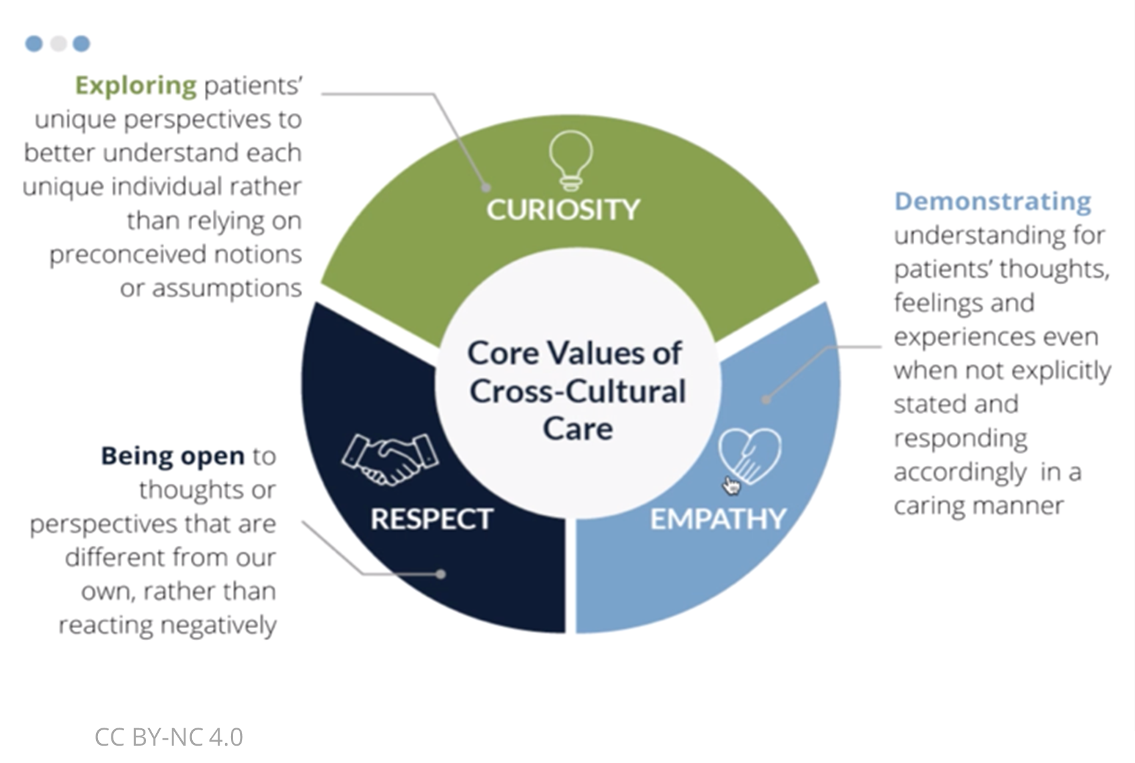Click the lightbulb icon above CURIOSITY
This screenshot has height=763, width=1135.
pyautogui.click(x=571, y=160)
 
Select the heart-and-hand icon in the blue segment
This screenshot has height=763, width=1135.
pyautogui.click(x=749, y=456)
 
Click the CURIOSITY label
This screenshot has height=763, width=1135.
pyautogui.click(x=562, y=210)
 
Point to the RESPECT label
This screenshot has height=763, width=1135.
pyautogui.click(x=432, y=519)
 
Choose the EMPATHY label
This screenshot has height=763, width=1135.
pyautogui.click(x=718, y=519)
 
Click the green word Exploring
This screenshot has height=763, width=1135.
pyautogui.click(x=135, y=85)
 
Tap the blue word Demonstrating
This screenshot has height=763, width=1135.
pyautogui.click(x=992, y=201)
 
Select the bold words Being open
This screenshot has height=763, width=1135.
pyautogui.click(x=172, y=456)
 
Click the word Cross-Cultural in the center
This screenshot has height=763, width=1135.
pyautogui.click(x=577, y=391)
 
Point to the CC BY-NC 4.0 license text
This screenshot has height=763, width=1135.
pyautogui.click(x=169, y=737)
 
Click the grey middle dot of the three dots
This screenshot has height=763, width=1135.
pyautogui.click(x=59, y=43)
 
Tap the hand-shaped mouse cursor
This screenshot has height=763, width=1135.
pyautogui.click(x=731, y=485)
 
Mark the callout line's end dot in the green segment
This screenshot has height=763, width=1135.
pyautogui.click(x=486, y=188)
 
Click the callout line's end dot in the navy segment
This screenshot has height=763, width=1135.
pyautogui.click(x=440, y=573)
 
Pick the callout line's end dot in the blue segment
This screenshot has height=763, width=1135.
pyautogui.click(x=767, y=400)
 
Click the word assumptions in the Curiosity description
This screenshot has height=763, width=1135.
pyautogui.click(x=227, y=288)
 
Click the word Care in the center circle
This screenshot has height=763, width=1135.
pyautogui.click(x=577, y=429)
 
